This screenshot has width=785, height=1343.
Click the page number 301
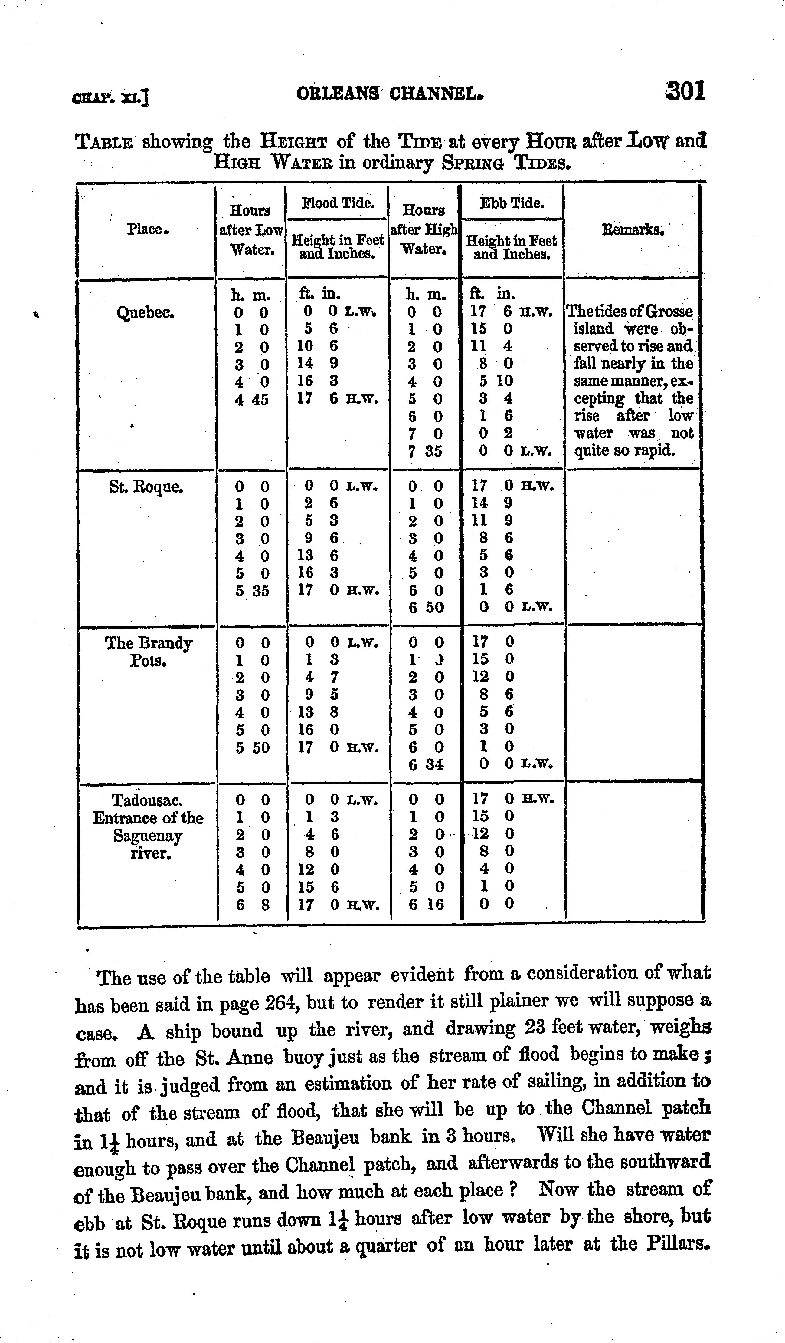(685, 92)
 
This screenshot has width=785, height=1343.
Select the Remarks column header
(632, 230)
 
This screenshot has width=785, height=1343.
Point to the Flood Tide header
(338, 203)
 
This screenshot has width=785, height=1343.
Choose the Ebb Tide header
(512, 203)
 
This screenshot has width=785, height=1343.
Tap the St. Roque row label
(146, 487)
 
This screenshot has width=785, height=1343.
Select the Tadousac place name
(148, 800)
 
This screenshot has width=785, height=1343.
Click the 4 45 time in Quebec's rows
(252, 399)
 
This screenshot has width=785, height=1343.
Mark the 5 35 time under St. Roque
(252, 590)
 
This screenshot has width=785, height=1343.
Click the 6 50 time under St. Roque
(426, 608)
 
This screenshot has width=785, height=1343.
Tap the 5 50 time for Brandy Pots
(252, 747)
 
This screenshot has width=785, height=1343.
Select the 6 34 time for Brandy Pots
(426, 765)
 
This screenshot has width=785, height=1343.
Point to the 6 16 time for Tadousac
(426, 904)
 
